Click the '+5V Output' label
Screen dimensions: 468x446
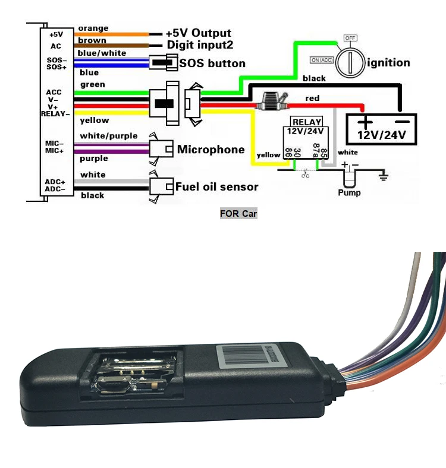199,33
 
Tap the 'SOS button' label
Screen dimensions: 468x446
212,63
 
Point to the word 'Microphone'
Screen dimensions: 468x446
211,149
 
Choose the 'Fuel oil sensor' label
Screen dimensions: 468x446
216,186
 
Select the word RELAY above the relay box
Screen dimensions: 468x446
306,122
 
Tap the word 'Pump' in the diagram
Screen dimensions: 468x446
349,192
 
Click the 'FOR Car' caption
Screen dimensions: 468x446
238,213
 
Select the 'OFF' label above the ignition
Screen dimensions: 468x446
350,37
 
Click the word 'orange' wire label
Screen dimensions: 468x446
93,28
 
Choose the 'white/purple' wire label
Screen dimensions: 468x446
108,136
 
